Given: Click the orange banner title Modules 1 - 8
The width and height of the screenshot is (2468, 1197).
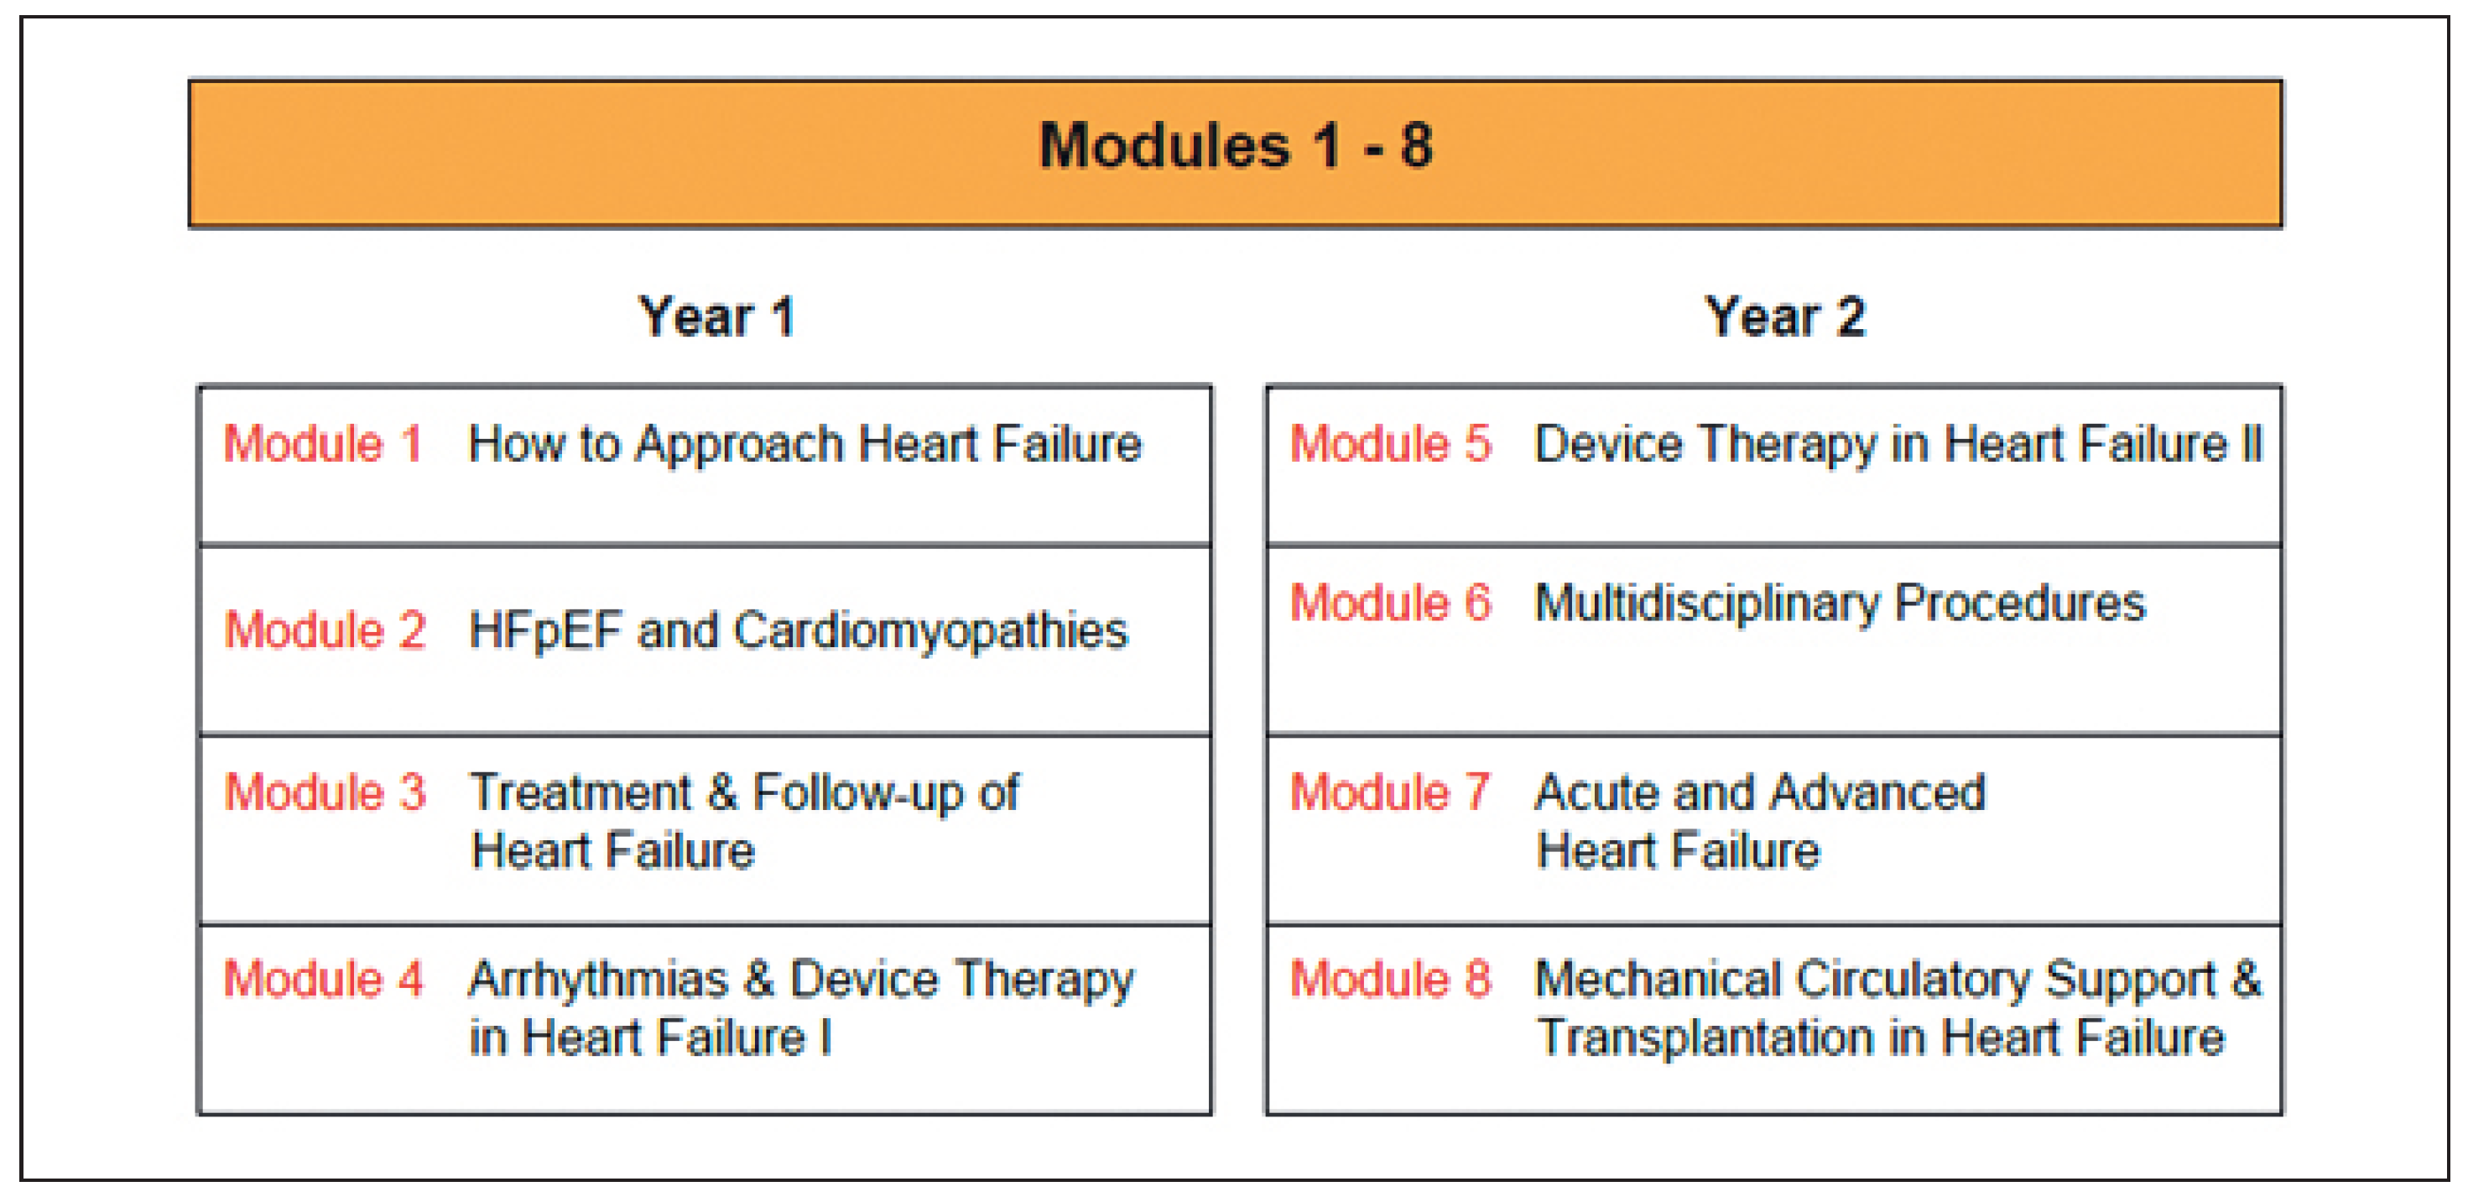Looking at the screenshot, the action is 1236,146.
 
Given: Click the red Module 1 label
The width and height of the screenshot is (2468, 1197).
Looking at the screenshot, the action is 323,444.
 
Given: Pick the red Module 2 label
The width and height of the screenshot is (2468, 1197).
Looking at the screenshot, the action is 325,630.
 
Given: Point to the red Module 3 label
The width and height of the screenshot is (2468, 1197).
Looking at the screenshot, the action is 325,792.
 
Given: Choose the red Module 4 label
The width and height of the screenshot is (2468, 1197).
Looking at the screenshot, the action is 323,980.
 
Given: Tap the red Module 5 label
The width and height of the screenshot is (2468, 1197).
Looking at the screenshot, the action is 1390,444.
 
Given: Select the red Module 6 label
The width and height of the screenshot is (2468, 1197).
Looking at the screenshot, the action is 1390,603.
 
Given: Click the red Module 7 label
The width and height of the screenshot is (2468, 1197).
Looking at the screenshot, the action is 1389,792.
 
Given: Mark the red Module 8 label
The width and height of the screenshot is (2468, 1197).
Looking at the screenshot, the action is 1390,980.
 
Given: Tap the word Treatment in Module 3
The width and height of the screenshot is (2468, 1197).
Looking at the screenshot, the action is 581,792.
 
